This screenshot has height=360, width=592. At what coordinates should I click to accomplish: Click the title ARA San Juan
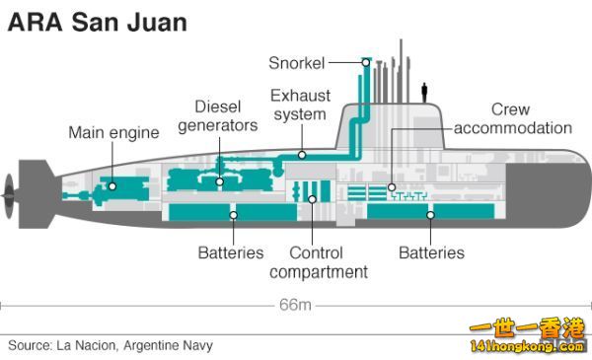tap(98, 22)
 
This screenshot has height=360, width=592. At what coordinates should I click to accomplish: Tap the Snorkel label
tap(297, 63)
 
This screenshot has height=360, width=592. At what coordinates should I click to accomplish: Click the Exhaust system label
tap(301, 105)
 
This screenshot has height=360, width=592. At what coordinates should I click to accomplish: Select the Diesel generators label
tap(218, 116)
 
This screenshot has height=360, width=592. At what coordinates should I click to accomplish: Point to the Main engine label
tap(114, 133)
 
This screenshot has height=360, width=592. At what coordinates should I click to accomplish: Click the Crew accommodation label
tap(513, 119)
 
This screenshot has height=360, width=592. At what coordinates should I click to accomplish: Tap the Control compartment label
tap(319, 262)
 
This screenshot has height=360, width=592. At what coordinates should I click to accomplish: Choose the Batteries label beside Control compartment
tap(231, 252)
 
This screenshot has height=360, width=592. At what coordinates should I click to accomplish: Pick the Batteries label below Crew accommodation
tap(431, 252)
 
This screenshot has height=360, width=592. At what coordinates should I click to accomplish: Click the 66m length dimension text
tap(295, 305)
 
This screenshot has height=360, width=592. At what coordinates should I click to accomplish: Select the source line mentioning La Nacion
tap(111, 345)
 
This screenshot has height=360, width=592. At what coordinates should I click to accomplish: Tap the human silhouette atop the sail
tap(424, 93)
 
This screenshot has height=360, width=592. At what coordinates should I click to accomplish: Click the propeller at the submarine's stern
tap(8, 196)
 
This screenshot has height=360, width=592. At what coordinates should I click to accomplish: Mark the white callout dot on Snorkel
tap(366, 63)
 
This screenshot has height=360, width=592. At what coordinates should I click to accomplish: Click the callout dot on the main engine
tap(112, 186)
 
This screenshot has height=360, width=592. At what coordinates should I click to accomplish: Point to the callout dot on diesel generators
tap(220, 181)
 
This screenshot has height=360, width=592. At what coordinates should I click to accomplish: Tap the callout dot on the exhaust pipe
tap(302, 155)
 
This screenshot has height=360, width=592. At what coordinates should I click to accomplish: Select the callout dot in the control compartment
tap(312, 199)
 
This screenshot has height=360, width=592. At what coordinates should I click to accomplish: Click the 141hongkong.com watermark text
tap(527, 346)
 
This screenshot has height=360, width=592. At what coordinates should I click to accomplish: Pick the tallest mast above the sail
tap(401, 71)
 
